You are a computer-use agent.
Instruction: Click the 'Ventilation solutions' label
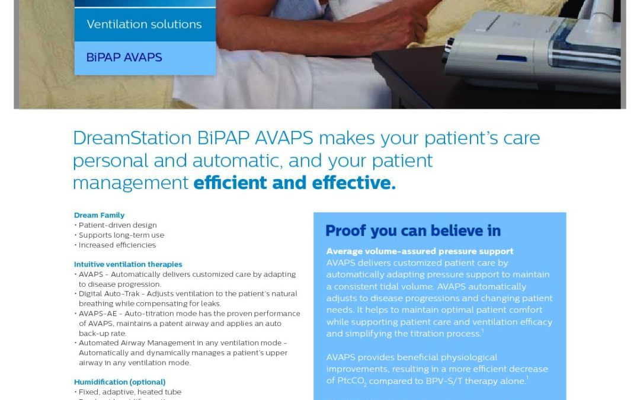(144, 24)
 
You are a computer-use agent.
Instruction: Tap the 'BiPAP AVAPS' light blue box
(145, 58)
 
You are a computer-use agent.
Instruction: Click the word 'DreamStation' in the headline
(132, 138)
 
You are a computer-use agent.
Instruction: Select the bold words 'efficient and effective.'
(295, 183)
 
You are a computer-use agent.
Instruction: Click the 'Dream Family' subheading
(99, 215)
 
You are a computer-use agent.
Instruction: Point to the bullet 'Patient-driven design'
(117, 225)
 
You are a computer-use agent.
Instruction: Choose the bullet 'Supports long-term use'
(121, 235)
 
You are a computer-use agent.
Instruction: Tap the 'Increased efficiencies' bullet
(117, 245)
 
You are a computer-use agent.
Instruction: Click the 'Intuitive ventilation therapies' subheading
(128, 264)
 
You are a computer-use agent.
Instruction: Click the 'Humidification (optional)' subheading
(120, 382)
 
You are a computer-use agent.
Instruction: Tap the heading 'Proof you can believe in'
(413, 231)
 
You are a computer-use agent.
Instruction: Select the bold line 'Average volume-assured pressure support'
(420, 251)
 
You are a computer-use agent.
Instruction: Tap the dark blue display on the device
(511, 58)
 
